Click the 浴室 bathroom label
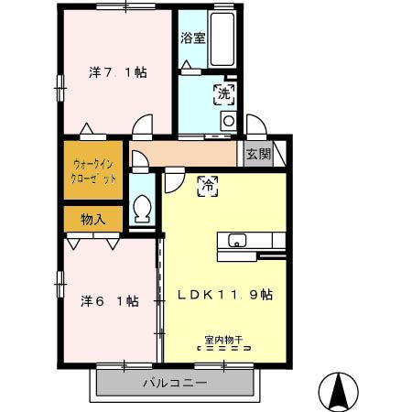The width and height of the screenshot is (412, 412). click(192, 38)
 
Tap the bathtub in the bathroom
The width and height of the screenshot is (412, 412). click(222, 39)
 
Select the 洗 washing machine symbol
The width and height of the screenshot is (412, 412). click(224, 94)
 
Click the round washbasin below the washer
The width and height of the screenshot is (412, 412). click(229, 121)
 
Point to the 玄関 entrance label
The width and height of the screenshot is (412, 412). click(259, 154)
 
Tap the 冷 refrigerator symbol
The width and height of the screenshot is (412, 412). click(208, 186)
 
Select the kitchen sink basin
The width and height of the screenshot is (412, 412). click(237, 240)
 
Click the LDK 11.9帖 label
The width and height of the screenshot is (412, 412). click(225, 295)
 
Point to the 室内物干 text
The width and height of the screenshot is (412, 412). click(223, 340)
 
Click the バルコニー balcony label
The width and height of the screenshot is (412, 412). click(175, 383)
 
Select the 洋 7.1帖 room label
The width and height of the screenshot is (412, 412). click(118, 72)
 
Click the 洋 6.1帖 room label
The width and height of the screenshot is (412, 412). click(110, 301)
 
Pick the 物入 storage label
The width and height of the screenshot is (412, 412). click(93, 219)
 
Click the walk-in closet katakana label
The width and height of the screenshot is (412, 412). click(93, 171)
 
